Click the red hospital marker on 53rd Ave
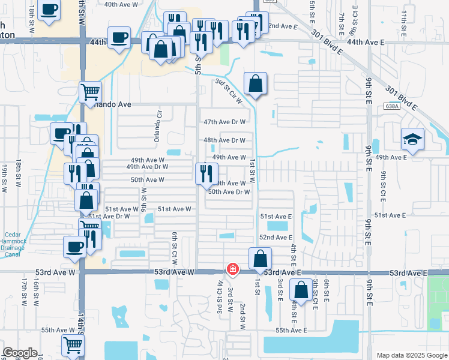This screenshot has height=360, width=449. tap(232, 270)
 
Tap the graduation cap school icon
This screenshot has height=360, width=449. tap(412, 140)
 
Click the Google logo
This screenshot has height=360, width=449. tap(20, 353)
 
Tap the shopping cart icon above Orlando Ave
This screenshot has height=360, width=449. tap(89, 92)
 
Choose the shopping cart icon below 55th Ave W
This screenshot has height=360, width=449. tap(72, 345)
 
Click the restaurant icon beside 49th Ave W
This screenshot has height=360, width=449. tap(205, 173)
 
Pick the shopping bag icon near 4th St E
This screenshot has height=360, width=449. tap(300, 291)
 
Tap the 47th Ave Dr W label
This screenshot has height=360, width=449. tap(224, 122)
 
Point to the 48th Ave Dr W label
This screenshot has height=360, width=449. tap(224, 140)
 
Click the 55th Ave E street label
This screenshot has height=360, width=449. tap(291, 331)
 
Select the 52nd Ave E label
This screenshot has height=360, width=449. tap(276, 238)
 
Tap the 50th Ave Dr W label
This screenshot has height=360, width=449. tap(229, 192)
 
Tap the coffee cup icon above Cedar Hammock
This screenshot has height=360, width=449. tap(75, 246)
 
